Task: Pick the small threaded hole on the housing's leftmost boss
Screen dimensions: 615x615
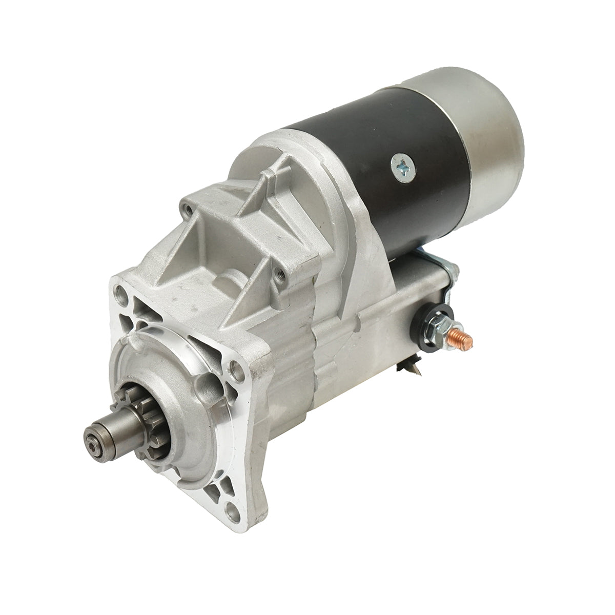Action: click(x=191, y=210)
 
